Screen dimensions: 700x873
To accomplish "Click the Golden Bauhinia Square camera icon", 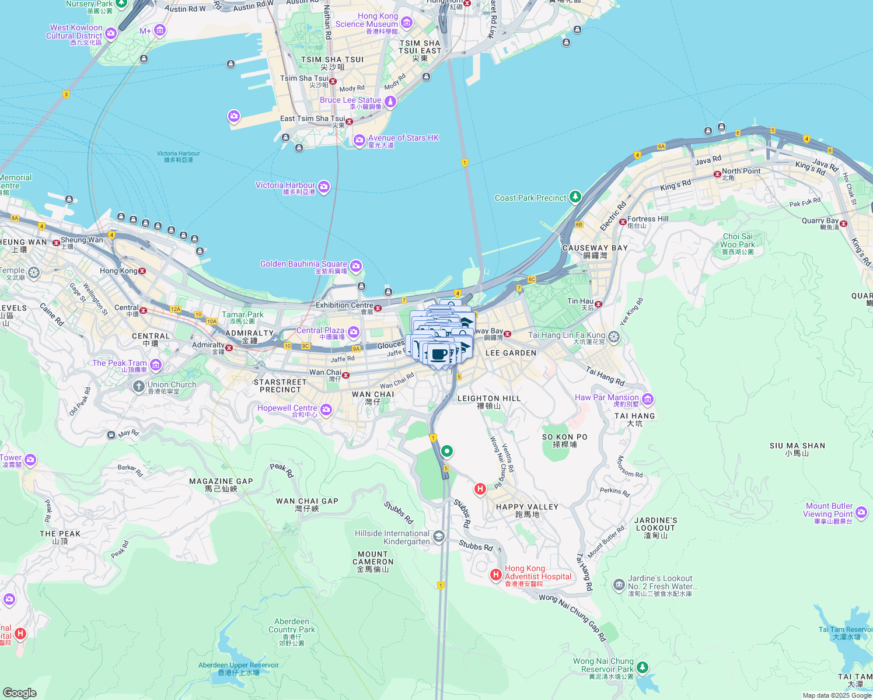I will [356, 267].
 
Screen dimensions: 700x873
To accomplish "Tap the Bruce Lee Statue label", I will [350, 100].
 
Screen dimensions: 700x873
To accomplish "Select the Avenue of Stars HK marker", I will [359, 140].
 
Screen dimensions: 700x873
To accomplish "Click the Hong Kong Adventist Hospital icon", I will [495, 575].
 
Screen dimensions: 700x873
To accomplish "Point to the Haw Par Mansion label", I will [607, 398].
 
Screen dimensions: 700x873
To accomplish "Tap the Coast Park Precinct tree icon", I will [575, 197].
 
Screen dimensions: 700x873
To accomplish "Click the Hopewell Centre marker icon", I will [326, 410].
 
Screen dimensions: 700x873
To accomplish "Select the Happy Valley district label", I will [527, 507].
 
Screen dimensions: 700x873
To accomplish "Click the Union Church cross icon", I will [138, 386].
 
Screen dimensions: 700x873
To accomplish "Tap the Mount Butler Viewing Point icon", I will [861, 513].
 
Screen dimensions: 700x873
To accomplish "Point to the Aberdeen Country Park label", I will [292, 626].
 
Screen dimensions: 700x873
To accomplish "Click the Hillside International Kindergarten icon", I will [439, 536].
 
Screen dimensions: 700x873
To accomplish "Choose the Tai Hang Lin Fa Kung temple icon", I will [613, 337].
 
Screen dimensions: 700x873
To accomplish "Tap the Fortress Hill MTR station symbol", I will [623, 222].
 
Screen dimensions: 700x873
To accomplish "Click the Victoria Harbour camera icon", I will [324, 187].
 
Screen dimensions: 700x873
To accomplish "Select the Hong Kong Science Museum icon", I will [407, 23].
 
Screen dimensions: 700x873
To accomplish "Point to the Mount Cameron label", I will [373, 558].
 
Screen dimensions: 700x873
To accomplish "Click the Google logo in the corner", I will [19, 692].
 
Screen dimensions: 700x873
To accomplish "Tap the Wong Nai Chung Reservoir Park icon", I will [642, 666].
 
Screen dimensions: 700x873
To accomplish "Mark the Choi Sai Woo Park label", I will [738, 241].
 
